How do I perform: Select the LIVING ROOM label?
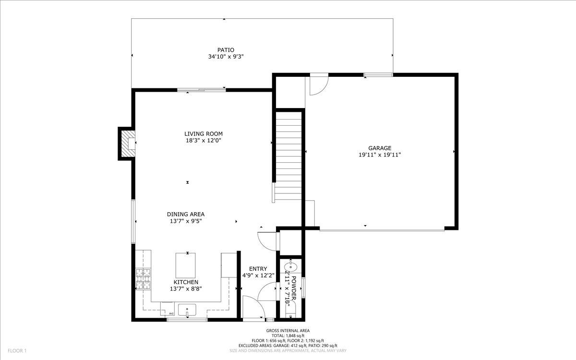204,133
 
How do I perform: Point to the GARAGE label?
380,148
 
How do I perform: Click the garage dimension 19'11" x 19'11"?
380,155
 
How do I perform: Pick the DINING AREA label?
186,214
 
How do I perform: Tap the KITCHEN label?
186,282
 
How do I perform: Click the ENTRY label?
258,269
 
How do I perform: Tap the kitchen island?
186,264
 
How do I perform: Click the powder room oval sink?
291,266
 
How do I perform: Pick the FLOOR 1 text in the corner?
17,351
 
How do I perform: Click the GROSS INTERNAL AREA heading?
288,330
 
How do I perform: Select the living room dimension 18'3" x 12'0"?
204,141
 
